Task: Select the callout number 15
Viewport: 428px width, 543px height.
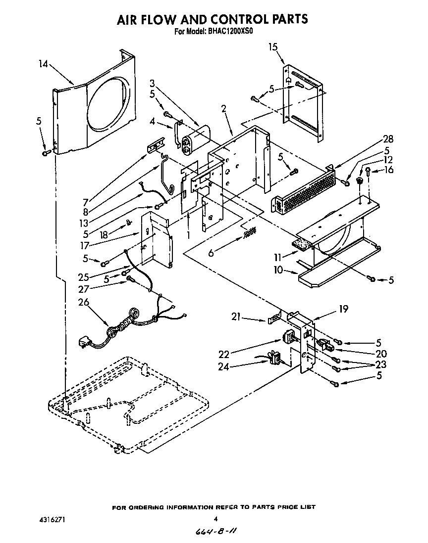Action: click(272, 47)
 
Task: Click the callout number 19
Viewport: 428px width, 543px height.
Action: click(343, 310)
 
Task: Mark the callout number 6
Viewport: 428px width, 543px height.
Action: click(211, 253)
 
